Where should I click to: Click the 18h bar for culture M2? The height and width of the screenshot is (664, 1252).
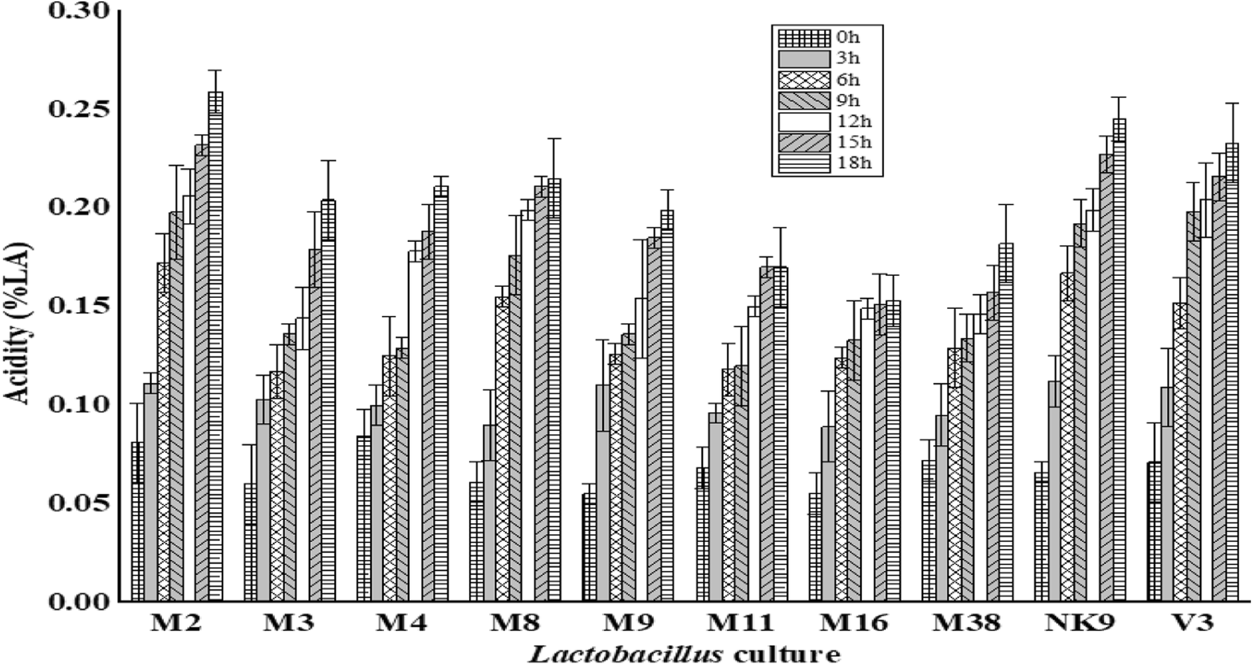click(x=216, y=347)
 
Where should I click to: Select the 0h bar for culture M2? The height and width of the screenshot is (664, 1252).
click(x=137, y=521)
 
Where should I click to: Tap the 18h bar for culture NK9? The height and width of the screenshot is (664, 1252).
click(x=1119, y=360)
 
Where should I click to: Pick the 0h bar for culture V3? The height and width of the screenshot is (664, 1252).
click(x=1154, y=531)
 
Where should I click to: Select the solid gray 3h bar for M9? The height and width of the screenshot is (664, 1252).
click(x=602, y=492)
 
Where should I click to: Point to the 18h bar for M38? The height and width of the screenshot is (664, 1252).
click(x=1006, y=421)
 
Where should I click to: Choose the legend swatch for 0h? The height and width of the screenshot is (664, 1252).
click(x=804, y=38)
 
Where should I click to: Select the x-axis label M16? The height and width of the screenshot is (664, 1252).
click(x=854, y=623)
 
